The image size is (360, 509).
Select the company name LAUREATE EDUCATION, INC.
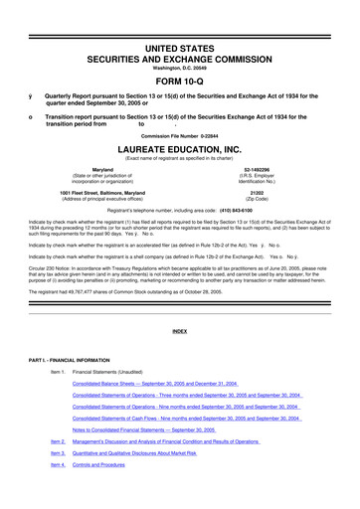tap(180, 148)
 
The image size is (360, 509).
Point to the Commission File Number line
tap(180, 134)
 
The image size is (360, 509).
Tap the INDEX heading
tap(180, 329)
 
